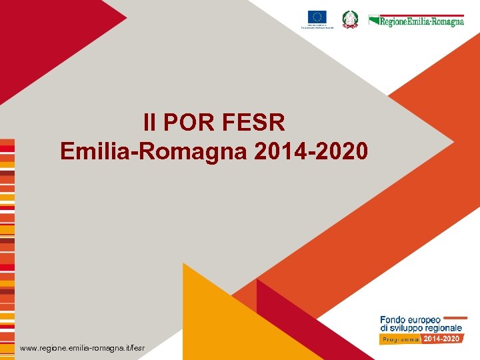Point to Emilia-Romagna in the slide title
click(x=154, y=151)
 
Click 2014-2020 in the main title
click(x=311, y=151)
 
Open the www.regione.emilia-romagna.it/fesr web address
click(x=82, y=348)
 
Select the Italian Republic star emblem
click(x=350, y=19)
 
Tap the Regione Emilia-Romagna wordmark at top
click(x=422, y=21)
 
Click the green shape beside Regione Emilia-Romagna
click(x=373, y=20)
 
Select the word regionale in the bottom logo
click(x=445, y=329)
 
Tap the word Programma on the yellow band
click(x=401, y=339)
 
